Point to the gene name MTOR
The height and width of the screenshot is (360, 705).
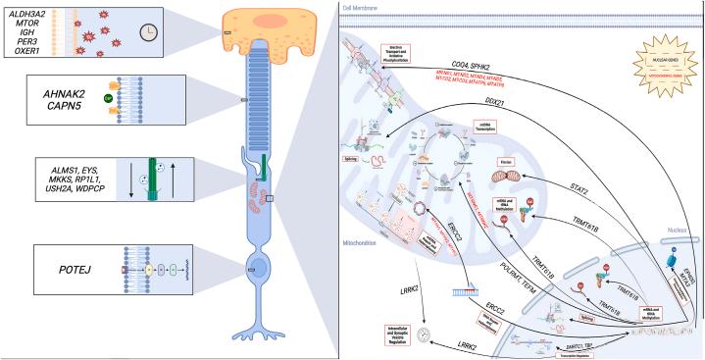coord(21,21)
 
